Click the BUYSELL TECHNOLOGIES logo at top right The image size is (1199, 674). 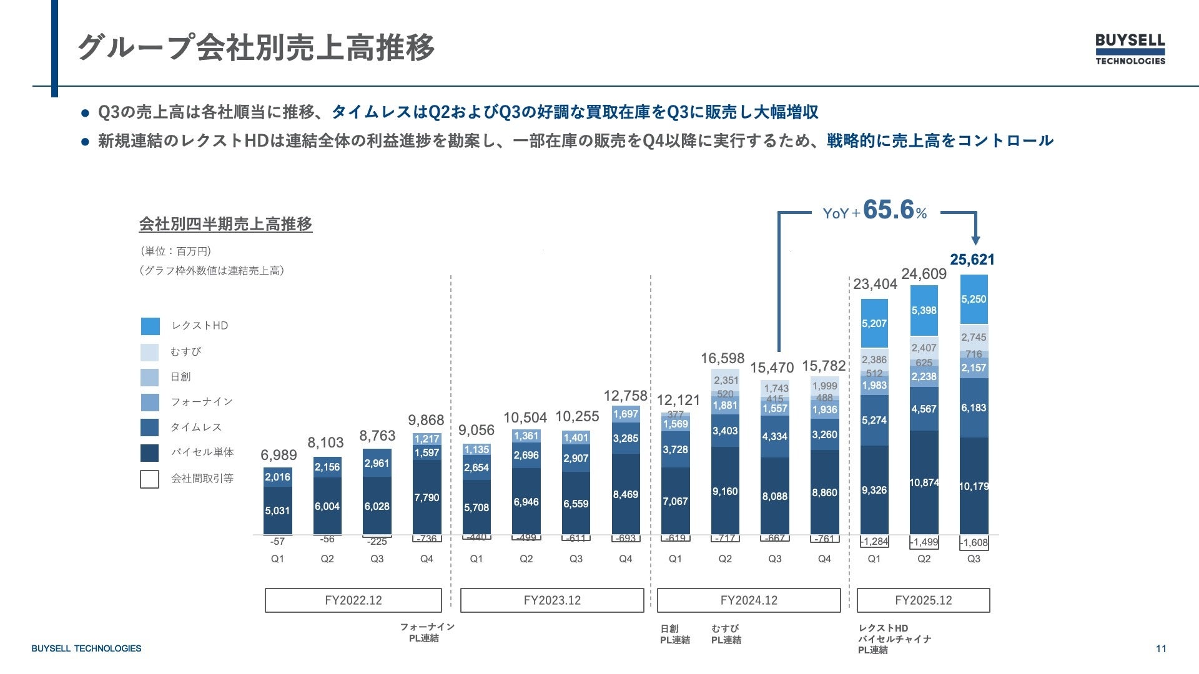coord(1130,49)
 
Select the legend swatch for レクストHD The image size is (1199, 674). coord(150,326)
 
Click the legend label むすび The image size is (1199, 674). coord(186,352)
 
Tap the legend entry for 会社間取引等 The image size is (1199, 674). coord(202,479)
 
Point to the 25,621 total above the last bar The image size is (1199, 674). coord(972,260)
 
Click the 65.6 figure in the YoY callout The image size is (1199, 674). coord(888,210)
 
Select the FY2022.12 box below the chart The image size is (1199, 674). coord(353,600)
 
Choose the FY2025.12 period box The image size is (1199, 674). coord(923,600)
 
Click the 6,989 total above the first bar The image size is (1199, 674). coord(279,455)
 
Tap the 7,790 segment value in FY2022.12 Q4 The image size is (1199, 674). coord(427,497)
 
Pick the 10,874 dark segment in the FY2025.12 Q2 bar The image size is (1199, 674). coord(924,482)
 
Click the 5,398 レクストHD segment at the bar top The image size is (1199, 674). coord(924,310)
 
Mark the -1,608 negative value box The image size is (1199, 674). coord(974,543)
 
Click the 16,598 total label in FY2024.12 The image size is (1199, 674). coord(723,358)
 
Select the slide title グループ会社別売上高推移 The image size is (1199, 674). coord(256,47)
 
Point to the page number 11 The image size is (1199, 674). coord(1161,648)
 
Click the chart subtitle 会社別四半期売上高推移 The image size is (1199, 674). coord(225,224)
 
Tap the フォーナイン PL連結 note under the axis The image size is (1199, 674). coord(427,632)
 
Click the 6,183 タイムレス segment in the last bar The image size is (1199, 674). coord(974,408)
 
